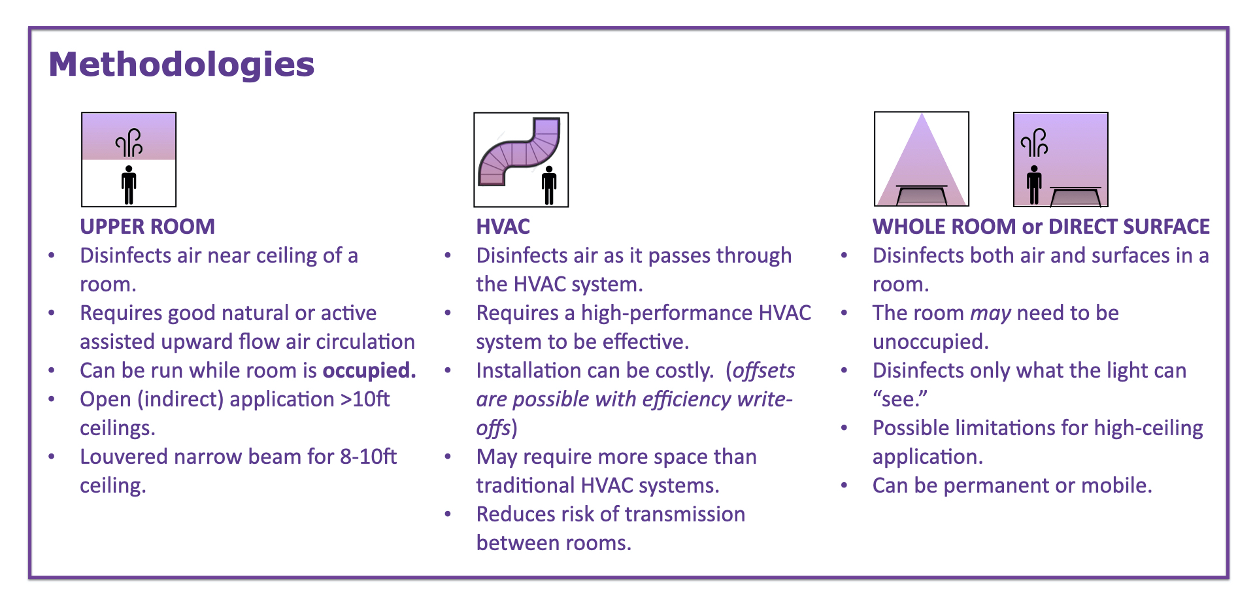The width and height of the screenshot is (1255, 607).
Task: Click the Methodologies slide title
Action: (182, 65)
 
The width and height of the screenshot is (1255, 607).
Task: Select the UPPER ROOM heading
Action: (147, 226)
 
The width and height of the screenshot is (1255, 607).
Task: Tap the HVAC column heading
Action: (503, 226)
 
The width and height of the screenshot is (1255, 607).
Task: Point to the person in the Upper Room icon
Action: (129, 185)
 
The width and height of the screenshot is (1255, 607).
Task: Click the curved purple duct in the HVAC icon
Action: (519, 152)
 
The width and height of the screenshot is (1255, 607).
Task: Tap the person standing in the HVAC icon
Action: (549, 185)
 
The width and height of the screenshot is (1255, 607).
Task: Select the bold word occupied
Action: (369, 370)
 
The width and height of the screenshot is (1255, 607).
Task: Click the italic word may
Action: (991, 314)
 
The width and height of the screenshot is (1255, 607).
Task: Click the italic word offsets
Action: (763, 370)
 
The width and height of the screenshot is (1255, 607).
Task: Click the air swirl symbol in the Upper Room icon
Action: (129, 142)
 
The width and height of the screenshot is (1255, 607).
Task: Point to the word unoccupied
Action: (930, 342)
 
